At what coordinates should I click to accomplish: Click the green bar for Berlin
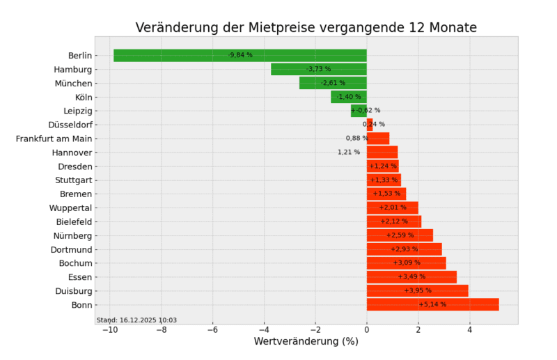pos(174,55)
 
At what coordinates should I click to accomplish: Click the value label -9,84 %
pos(240,55)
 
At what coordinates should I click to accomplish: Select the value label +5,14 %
pos(432,304)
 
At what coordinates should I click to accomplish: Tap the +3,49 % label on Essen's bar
pos(411,276)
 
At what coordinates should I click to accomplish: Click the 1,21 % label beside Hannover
pos(349,152)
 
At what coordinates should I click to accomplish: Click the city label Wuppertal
pos(70,208)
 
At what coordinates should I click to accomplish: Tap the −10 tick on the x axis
pos(109,330)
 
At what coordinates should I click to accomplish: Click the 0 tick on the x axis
pos(367,330)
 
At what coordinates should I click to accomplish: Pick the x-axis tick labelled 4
pos(470,330)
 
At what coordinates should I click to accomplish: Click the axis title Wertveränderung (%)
pos(306,342)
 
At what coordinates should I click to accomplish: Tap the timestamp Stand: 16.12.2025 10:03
pos(136,320)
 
